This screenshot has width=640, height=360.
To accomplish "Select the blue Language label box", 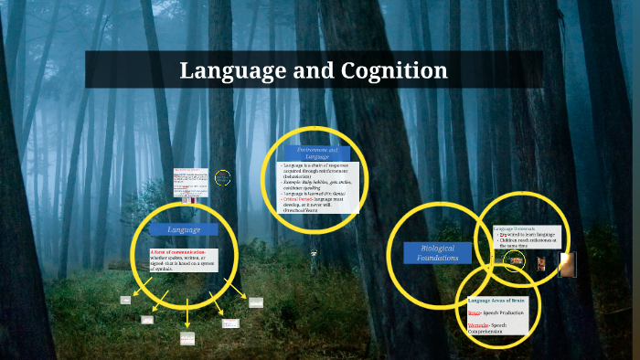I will point(184,229).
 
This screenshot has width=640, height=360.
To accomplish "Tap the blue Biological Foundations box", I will point(437,253).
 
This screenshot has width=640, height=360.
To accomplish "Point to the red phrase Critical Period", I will point(298,198).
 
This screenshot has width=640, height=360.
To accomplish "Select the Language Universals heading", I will point(515,228).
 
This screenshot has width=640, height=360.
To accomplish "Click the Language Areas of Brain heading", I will point(498,301).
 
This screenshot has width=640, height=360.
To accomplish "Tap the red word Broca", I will point(474,312).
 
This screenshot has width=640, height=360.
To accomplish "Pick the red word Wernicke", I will point(479,326).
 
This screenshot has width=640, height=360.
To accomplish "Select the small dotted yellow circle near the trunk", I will point(223,178).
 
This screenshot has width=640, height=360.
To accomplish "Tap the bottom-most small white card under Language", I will point(187,338).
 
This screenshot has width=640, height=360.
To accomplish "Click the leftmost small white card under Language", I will point(125,300).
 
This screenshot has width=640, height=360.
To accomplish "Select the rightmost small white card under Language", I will point(256,302).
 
